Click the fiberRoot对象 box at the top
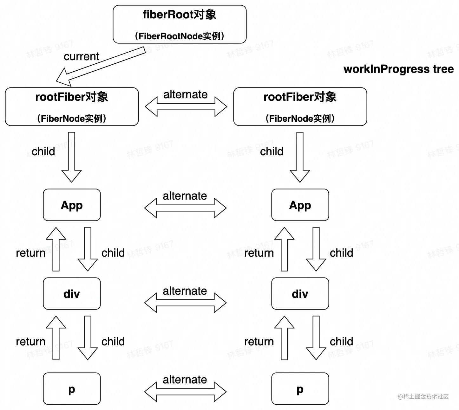[x=180, y=24]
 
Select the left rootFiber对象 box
[x=72, y=107]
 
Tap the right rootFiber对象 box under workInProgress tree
[x=300, y=107]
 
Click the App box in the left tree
[x=72, y=205]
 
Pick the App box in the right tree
[x=300, y=205]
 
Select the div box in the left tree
[x=72, y=294]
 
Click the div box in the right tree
[x=300, y=294]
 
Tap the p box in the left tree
[x=72, y=389]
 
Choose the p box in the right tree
[x=300, y=389]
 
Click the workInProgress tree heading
[x=398, y=69]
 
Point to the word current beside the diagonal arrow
[x=81, y=56]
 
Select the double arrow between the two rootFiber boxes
[x=186, y=107]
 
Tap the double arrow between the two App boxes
[x=185, y=208]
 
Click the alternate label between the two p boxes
[x=185, y=380]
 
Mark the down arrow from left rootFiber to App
[x=72, y=157]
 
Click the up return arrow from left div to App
[x=56, y=249]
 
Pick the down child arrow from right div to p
[x=316, y=338]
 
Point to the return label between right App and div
[x=259, y=253]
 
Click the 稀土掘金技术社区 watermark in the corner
[x=423, y=396]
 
